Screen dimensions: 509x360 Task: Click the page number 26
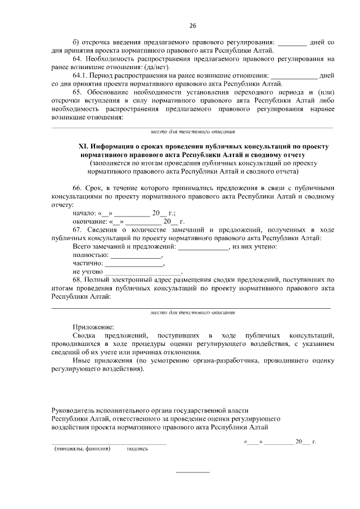pos(193,26)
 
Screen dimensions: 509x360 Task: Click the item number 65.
pos(78,92)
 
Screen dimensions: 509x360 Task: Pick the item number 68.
pos(78,279)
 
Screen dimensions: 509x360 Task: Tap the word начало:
pos(85,214)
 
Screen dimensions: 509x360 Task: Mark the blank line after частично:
pos(134,264)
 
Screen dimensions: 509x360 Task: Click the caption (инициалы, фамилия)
pos(82,449)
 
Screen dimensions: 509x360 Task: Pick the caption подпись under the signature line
pos(137,449)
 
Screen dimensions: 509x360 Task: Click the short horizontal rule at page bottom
pos(193,471)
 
